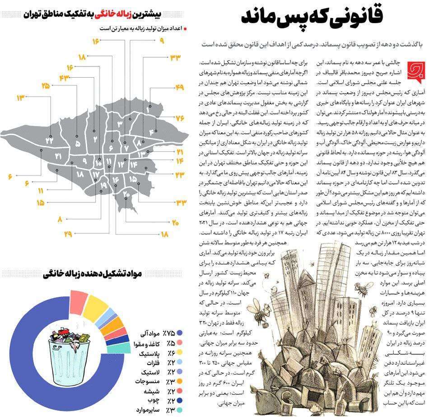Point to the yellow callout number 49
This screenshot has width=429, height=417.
[180, 87]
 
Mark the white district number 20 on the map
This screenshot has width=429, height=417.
[126, 194]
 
